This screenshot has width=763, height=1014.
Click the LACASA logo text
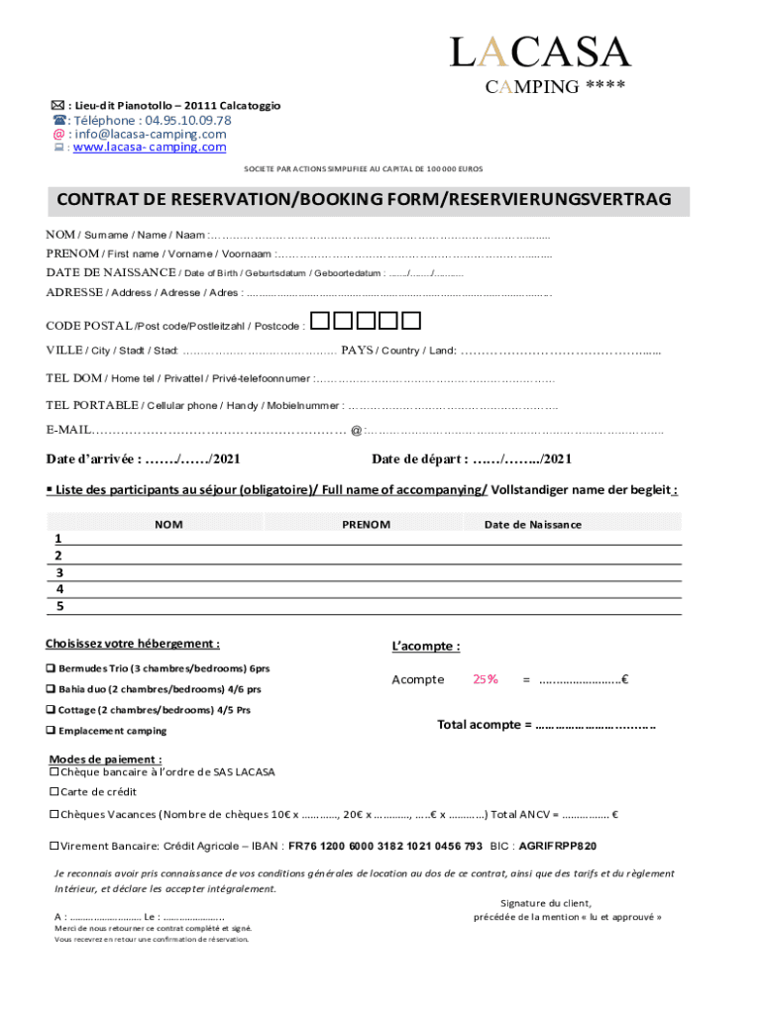[x=540, y=51]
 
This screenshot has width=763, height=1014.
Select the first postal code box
[x=320, y=320]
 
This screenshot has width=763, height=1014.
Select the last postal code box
[x=411, y=320]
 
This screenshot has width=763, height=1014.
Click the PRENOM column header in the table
[x=366, y=525]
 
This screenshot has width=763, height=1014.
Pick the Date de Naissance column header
[x=532, y=525]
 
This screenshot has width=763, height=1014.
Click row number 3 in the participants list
[x=59, y=572]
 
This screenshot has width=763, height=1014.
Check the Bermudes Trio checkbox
[x=51, y=668]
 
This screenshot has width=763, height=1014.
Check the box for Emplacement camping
[x=51, y=731]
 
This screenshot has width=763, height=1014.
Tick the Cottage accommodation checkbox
[x=51, y=710]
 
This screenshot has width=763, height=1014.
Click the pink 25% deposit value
[x=486, y=679]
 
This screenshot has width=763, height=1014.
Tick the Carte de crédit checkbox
[x=54, y=792]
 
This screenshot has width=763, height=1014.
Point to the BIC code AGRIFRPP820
[x=558, y=847]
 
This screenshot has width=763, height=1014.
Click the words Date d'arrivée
[x=93, y=459]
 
